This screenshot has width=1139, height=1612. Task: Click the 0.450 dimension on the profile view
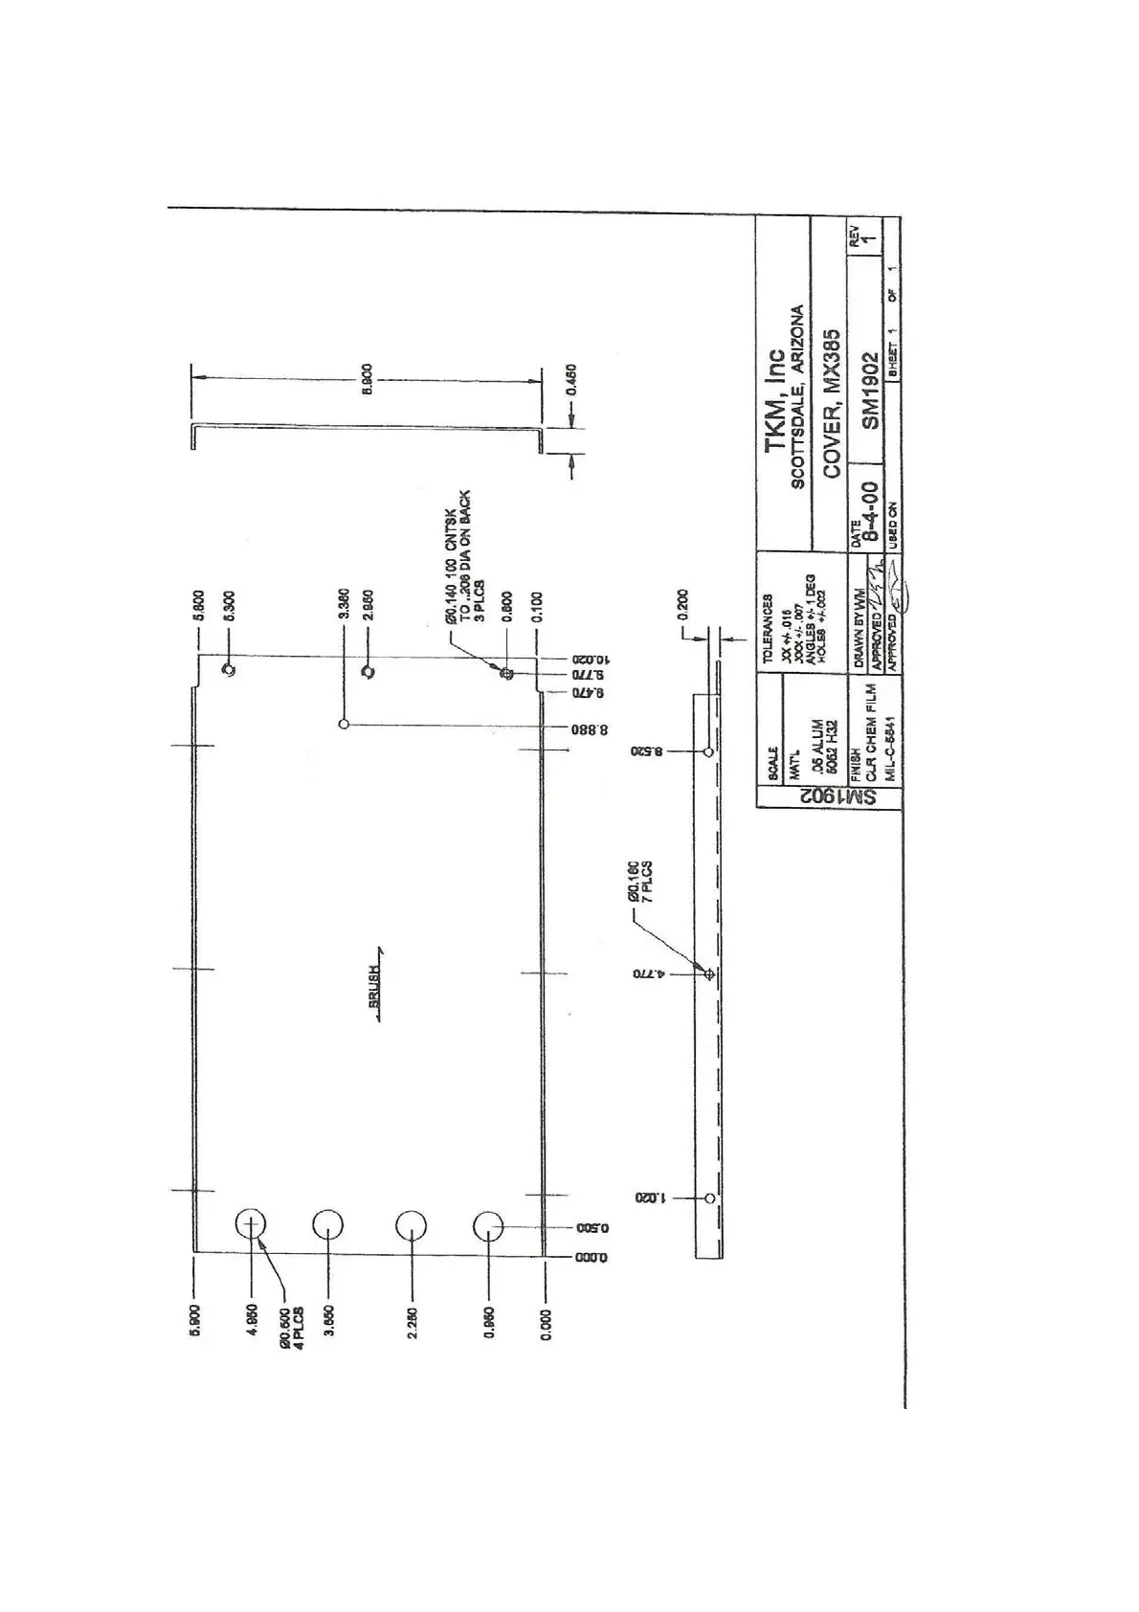pos(571,379)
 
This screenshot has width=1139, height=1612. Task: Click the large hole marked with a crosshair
pos(251,1224)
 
